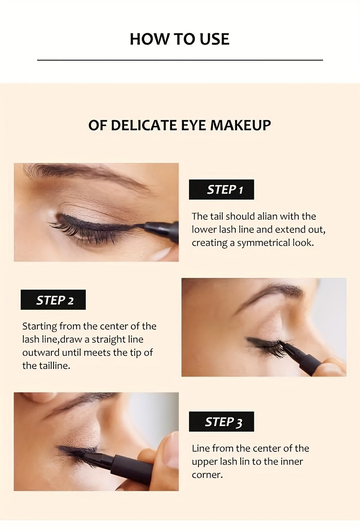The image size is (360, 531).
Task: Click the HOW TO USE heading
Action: (180, 39)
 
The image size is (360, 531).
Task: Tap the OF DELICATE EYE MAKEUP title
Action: (180, 125)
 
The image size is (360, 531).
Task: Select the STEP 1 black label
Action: (221, 190)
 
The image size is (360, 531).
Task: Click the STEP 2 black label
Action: (53, 300)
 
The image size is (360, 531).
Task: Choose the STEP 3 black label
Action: (221, 422)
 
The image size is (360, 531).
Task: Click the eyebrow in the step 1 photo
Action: (85, 173)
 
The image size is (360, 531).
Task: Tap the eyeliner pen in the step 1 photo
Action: (162, 230)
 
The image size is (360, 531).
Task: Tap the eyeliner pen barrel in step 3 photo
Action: (133, 468)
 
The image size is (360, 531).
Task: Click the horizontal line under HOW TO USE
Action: (180, 60)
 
